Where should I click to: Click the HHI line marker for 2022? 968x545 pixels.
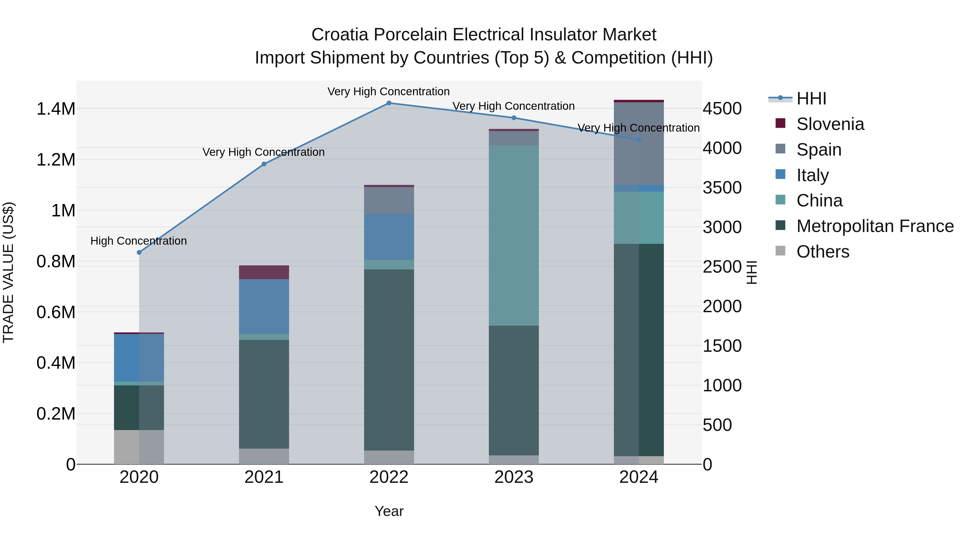[x=389, y=103]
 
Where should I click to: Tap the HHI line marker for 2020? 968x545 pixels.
[x=139, y=252]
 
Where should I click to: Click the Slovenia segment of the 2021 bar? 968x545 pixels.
[x=264, y=272]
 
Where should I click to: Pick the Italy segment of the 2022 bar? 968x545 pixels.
[x=389, y=237]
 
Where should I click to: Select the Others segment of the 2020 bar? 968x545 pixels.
[x=139, y=447]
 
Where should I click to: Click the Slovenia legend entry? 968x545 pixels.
[x=830, y=124]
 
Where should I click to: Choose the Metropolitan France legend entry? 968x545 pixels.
[x=875, y=226]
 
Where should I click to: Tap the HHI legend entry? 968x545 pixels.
[x=811, y=99]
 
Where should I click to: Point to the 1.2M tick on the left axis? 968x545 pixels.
[x=56, y=160]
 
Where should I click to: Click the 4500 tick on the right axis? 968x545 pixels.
[x=722, y=109]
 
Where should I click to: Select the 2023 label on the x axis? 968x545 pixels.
[x=514, y=477]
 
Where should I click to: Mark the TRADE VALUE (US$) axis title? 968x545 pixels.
[x=8, y=272]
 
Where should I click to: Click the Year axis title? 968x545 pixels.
[x=389, y=511]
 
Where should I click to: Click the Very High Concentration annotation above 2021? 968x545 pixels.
[x=264, y=152]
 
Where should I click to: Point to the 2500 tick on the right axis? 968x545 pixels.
[x=722, y=267]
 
